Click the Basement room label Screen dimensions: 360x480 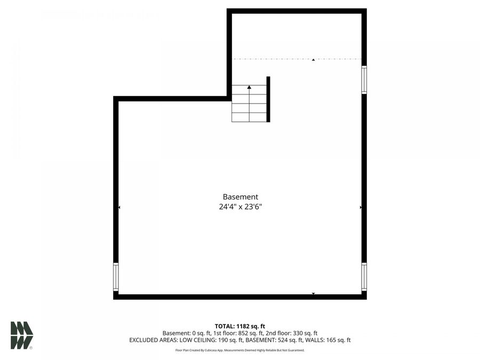[x=240, y=197]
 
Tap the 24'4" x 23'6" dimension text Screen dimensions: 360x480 [x=240, y=207]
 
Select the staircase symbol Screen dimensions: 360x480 [x=249, y=103]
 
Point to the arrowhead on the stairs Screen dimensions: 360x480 [x=249, y=86]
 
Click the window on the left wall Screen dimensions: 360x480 [x=116, y=277]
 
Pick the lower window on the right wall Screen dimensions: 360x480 [x=364, y=276]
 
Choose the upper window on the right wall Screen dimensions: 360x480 [x=364, y=79]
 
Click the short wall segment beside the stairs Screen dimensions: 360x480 [x=268, y=99]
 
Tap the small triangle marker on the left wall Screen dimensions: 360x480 [x=119, y=207]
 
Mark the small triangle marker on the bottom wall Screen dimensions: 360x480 [x=313, y=293]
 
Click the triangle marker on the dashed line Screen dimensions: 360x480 [x=313, y=60]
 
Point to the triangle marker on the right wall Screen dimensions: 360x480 [x=361, y=207]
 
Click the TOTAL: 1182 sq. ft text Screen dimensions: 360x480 [x=240, y=326]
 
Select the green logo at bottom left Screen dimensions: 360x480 [x=22, y=335]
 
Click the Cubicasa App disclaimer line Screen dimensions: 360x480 [x=240, y=350]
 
